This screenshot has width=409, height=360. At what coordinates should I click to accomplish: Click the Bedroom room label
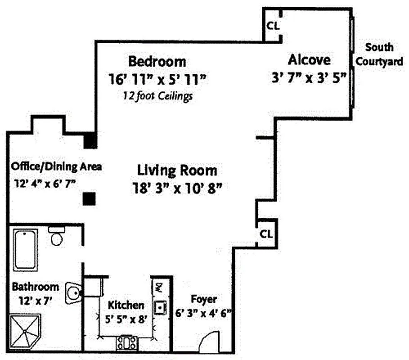[157, 61]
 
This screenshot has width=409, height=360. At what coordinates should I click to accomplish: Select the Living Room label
[177, 171]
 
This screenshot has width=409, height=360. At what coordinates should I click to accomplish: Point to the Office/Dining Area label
[57, 166]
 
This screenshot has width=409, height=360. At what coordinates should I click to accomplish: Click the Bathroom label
[35, 286]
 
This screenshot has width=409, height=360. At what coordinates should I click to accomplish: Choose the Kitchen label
[126, 305]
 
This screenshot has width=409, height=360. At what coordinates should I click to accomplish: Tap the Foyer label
[203, 299]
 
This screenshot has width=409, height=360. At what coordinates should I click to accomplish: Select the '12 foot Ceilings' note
[157, 96]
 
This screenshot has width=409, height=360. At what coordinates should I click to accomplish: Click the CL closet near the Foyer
[266, 234]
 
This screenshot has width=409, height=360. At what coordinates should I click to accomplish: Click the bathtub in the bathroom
[25, 250]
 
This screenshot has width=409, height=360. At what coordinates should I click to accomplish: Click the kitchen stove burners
[127, 343]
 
